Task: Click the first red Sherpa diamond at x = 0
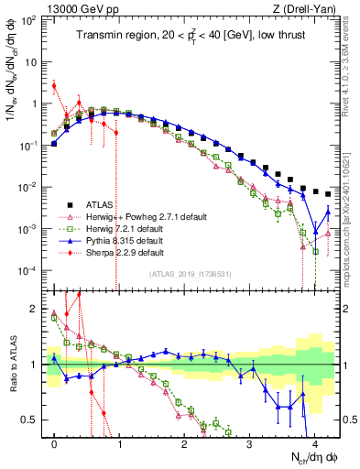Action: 54,86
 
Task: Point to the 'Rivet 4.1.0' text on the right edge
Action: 352,64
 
